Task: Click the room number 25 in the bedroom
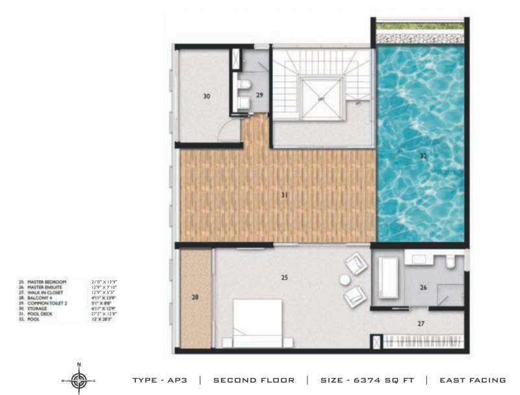coord(284,277)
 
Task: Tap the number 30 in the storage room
coord(206,96)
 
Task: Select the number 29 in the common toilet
coord(259,95)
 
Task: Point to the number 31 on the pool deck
coord(284,194)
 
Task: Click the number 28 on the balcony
coord(196,298)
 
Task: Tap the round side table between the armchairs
coord(344,280)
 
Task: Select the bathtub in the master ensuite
coord(388,278)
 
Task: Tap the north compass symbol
coord(79,379)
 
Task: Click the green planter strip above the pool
coord(420,27)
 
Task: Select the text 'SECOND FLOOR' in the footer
coord(253,380)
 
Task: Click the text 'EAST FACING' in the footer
coord(473,380)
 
